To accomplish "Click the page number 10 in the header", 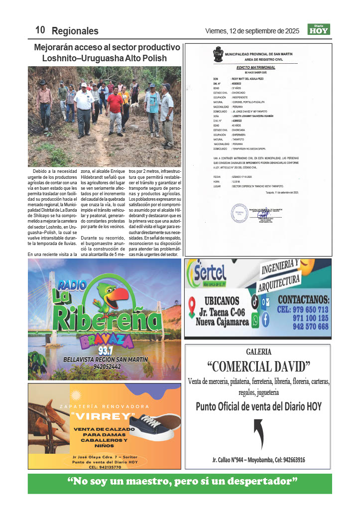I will click(x=40, y=30).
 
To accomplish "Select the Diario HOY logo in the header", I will click(x=318, y=29).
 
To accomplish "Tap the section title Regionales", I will click(x=75, y=31).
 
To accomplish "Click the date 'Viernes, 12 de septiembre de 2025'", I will click(x=252, y=31).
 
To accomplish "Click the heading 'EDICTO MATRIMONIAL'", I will click(x=256, y=67).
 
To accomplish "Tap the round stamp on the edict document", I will click(x=239, y=213).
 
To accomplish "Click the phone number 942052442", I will click(x=104, y=366).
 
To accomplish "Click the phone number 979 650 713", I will click(x=304, y=309).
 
